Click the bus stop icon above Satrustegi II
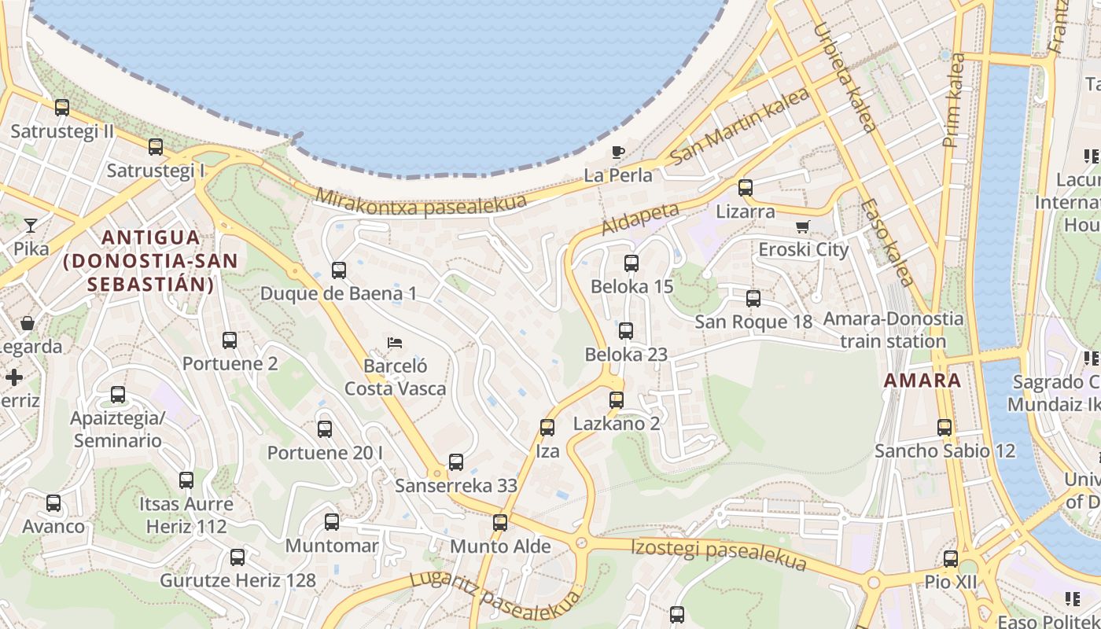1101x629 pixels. pyautogui.click(x=62, y=108)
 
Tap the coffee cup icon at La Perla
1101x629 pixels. pyautogui.click(x=618, y=152)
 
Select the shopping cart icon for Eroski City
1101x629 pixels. pyautogui.click(x=802, y=227)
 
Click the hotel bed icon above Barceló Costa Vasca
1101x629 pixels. pyautogui.click(x=395, y=343)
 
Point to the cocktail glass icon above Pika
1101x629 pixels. pyautogui.click(x=30, y=226)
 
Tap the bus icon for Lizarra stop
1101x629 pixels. pyautogui.click(x=745, y=188)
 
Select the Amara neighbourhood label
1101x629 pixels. pyautogui.click(x=922, y=381)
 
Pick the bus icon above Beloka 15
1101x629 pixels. pyautogui.click(x=632, y=263)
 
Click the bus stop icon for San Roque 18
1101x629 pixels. pyautogui.click(x=753, y=299)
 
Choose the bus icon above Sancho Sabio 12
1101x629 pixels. pyautogui.click(x=945, y=428)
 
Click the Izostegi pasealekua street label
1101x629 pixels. pyautogui.click(x=719, y=554)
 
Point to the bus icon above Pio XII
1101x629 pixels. pyautogui.click(x=951, y=559)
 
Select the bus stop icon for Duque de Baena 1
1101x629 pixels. pyautogui.click(x=339, y=270)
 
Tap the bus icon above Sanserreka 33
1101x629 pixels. pyautogui.click(x=456, y=462)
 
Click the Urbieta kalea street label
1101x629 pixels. pyautogui.click(x=844, y=77)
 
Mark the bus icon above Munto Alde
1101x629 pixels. pyautogui.click(x=500, y=523)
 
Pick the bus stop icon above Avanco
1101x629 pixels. pyautogui.click(x=53, y=503)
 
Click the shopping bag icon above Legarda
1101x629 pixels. pyautogui.click(x=28, y=323)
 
